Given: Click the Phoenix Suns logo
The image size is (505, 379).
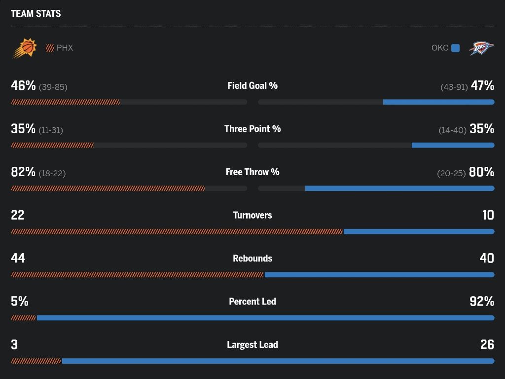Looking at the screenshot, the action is (x=25, y=48).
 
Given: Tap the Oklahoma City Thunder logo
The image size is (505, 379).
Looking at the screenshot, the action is (x=481, y=48).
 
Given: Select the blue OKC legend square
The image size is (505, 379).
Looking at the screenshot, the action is (x=455, y=48).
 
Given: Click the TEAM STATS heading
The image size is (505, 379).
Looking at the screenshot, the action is (x=36, y=13).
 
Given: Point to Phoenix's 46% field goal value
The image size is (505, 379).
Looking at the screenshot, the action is (x=23, y=85).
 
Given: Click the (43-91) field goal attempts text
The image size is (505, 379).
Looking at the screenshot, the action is (x=454, y=87).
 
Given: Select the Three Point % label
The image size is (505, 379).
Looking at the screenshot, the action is (x=252, y=129).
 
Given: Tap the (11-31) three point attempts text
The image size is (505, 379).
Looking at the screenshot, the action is (x=51, y=130).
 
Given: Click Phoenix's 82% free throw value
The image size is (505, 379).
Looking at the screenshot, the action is (x=23, y=172).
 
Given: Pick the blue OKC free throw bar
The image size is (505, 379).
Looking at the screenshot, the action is (x=399, y=188).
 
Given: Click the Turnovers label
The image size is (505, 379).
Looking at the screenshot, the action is (x=252, y=215).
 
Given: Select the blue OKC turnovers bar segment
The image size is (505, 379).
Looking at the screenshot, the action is (x=419, y=231).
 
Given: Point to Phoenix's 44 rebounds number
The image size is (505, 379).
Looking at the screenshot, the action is (x=18, y=258).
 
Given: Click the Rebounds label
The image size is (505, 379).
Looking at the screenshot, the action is (x=252, y=259).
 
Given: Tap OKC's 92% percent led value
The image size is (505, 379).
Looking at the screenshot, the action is (x=482, y=302).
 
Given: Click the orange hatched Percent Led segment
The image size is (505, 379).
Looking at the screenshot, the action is (x=23, y=318).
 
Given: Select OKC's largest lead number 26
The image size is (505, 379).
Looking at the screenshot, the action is (x=487, y=344).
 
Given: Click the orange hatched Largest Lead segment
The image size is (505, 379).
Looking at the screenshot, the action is (x=36, y=361).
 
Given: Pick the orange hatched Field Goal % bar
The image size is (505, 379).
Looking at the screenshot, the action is (x=66, y=102).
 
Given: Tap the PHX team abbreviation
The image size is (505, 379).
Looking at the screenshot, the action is (x=65, y=48).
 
